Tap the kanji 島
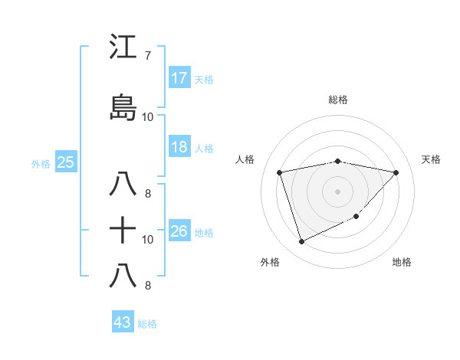pyautogui.click(x=123, y=108)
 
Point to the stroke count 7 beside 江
pyautogui.click(x=147, y=56)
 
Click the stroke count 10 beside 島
pyautogui.click(x=148, y=117)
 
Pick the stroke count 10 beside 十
pyautogui.click(x=148, y=239)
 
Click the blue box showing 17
pyautogui.click(x=179, y=78)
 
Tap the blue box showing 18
pyautogui.click(x=179, y=147)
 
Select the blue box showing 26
pyautogui.click(x=179, y=231)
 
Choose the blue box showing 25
pyautogui.click(x=65, y=162)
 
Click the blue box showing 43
pyautogui.click(x=123, y=322)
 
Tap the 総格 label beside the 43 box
pyautogui.click(x=147, y=324)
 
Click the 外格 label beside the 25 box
pyautogui.click(x=41, y=163)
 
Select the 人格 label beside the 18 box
pyautogui.click(x=204, y=148)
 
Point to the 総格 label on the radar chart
pyautogui.click(x=338, y=100)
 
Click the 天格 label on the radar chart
pyautogui.click(x=432, y=159)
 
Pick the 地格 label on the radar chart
pyautogui.click(x=402, y=262)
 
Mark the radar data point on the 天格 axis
pyautogui.click(x=396, y=172)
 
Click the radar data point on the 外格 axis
pyautogui.click(x=301, y=242)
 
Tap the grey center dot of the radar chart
pyautogui.click(x=337, y=191)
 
